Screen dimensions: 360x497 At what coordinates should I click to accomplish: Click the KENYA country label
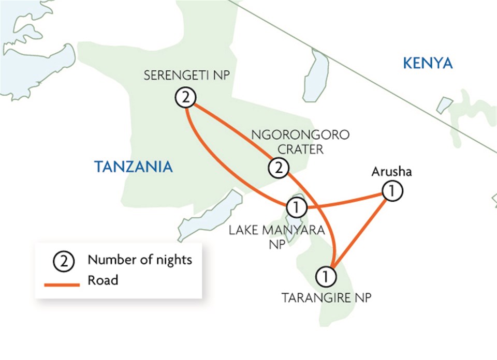(x=428, y=64)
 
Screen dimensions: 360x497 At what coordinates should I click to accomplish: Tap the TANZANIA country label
(x=133, y=167)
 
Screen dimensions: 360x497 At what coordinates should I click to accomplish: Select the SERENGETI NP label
(x=186, y=77)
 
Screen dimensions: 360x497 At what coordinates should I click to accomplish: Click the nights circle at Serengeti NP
(x=185, y=97)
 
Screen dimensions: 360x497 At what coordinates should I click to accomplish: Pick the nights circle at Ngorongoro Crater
(x=279, y=168)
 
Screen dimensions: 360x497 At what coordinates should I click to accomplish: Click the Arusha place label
(x=391, y=172)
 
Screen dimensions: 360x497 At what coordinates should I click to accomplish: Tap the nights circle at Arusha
(x=392, y=191)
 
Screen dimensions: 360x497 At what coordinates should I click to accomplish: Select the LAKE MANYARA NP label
(x=276, y=237)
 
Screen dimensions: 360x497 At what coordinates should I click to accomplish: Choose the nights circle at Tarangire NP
(x=326, y=276)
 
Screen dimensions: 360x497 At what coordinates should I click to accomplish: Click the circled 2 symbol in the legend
(x=64, y=260)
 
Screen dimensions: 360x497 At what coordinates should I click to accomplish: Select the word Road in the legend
(x=103, y=281)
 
